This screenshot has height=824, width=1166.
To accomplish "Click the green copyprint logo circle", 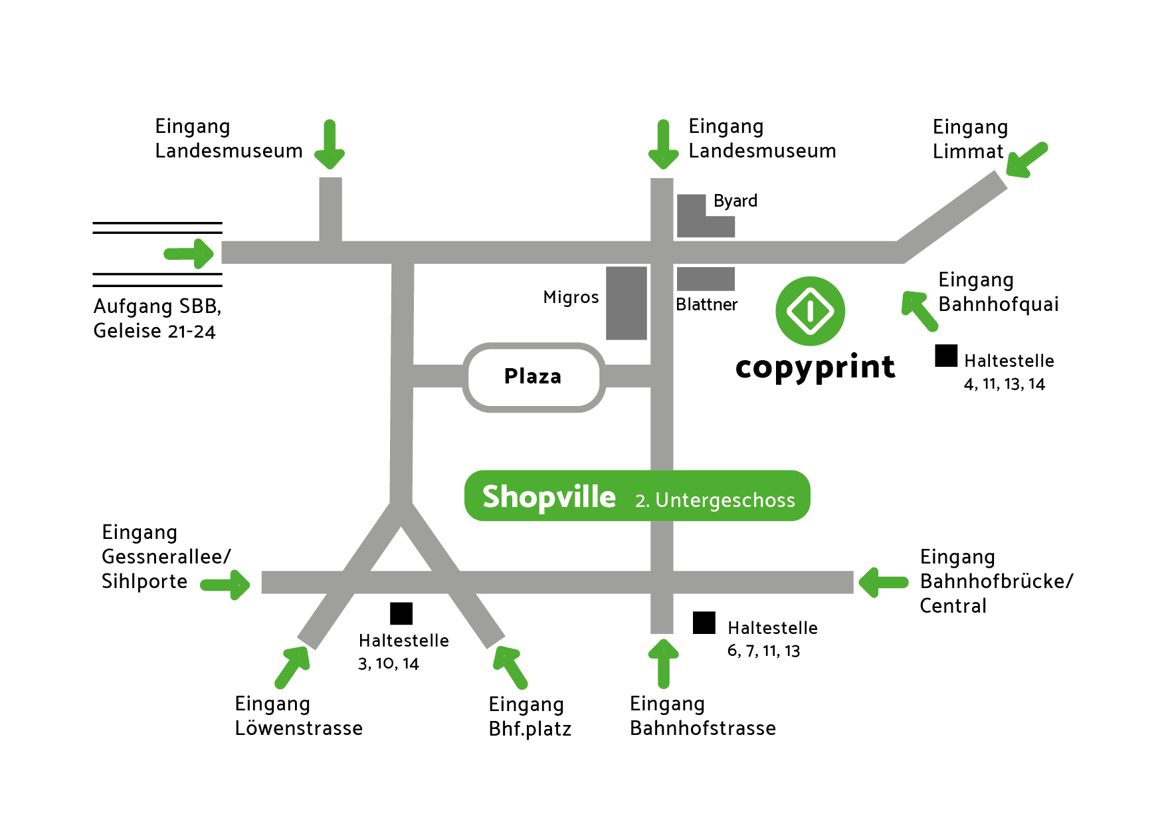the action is [x=810, y=311].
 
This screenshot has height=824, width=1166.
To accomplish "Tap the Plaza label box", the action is [x=534, y=377].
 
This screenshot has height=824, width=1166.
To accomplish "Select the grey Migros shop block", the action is [x=626, y=303].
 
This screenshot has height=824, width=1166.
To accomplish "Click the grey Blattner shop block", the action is [x=706, y=279].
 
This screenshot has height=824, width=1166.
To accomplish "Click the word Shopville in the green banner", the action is [x=549, y=497].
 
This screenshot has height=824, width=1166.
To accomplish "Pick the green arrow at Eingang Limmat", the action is [x=1027, y=159].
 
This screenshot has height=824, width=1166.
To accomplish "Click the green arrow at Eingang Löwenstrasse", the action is [x=292, y=667].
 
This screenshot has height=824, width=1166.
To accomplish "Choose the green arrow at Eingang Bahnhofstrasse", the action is [x=663, y=663].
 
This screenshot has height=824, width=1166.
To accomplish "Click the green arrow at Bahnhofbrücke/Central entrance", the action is [x=883, y=582].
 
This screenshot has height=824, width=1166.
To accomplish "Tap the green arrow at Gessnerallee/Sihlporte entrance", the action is [x=225, y=585].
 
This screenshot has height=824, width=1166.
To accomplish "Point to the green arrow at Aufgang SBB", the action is [x=189, y=253].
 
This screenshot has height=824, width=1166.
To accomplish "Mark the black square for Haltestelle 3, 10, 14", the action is [x=401, y=613].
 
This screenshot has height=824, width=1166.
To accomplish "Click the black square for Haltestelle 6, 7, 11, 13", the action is [x=704, y=623].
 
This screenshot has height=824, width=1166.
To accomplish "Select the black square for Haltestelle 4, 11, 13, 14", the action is [x=946, y=356].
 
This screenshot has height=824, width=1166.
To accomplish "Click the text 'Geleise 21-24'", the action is [x=154, y=331].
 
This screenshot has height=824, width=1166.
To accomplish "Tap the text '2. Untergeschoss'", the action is [x=715, y=500].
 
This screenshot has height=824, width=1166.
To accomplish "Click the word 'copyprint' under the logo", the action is [x=815, y=367].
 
